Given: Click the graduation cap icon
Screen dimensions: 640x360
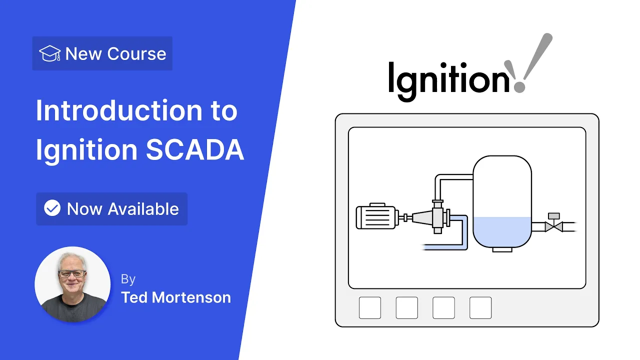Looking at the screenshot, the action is pyautogui.click(x=49, y=53).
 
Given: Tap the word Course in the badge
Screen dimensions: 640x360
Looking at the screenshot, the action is pyautogui.click(x=136, y=53).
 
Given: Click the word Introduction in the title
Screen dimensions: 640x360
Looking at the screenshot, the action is pyautogui.click(x=119, y=110).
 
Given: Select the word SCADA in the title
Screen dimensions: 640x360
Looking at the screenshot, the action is pyautogui.click(x=195, y=149).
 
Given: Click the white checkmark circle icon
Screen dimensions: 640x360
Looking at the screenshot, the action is pyautogui.click(x=52, y=207).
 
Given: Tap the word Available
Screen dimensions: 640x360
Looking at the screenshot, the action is pyautogui.click(x=143, y=209).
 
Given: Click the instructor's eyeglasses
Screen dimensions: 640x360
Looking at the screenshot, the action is pyautogui.click(x=72, y=273).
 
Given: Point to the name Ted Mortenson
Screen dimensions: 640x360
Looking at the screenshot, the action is pyautogui.click(x=176, y=297).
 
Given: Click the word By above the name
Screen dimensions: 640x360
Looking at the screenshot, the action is pyautogui.click(x=128, y=279).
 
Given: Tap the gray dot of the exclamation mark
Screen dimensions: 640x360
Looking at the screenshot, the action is pyautogui.click(x=519, y=87).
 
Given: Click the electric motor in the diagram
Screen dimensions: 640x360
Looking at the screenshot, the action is pyautogui.click(x=377, y=216).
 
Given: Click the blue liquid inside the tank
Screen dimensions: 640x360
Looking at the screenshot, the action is pyautogui.click(x=502, y=231).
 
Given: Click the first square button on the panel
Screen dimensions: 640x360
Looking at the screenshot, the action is pyautogui.click(x=369, y=307).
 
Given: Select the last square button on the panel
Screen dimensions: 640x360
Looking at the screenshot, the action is pyautogui.click(x=480, y=307).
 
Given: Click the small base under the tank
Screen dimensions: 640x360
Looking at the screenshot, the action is pyautogui.click(x=502, y=249).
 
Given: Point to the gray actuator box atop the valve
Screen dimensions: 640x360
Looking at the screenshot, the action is pyautogui.click(x=553, y=216).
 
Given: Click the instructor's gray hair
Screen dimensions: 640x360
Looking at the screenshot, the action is pyautogui.click(x=71, y=258).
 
